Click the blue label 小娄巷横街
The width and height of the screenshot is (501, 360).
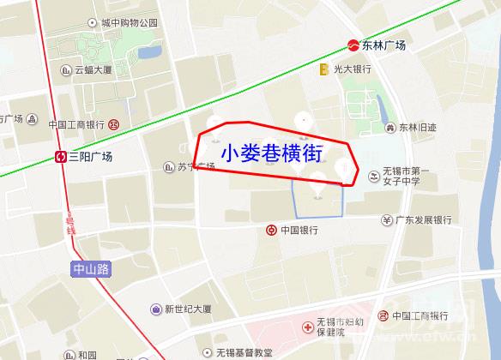coord(271,153)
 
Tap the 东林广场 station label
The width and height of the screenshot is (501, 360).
coord(383,45)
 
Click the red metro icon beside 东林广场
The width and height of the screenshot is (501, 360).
coord(353,45)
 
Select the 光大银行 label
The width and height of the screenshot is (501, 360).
coord(352,69)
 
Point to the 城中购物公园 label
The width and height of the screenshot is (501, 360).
coord(129,23)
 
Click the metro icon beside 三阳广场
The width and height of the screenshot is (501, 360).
coord(61,157)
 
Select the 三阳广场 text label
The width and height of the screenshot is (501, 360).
coord(91,157)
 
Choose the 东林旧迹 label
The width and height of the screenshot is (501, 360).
coord(417,128)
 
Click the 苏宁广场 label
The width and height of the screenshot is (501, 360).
coord(195,166)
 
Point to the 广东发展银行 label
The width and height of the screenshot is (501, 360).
coord(424,219)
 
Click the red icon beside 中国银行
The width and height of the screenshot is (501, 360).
coord(269,230)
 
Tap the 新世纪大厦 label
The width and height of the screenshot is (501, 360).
coord(188,309)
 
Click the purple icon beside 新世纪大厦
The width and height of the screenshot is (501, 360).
coord(155,309)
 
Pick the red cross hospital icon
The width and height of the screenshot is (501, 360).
coord(307,327)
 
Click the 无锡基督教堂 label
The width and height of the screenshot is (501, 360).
coord(244,351)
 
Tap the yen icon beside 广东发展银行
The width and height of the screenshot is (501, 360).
coord(388,219)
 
